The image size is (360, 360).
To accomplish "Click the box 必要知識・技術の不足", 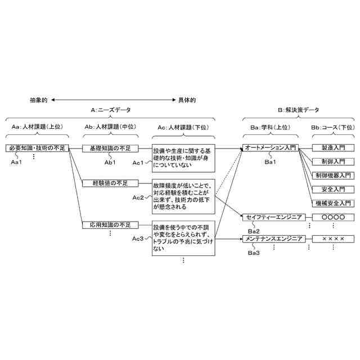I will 38,148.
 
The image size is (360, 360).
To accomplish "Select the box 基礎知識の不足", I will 110,148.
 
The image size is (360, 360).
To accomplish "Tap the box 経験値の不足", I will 110,183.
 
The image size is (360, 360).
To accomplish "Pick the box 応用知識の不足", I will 110,225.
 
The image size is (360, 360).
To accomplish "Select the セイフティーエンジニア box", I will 274,217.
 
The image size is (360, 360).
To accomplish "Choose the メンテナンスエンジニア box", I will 274,238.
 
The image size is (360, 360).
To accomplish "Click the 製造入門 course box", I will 333,148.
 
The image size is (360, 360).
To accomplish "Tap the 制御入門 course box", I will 333,162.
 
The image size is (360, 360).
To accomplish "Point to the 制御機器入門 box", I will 333,175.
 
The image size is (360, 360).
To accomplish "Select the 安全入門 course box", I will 333,190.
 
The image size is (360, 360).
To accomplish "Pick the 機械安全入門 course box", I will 333,203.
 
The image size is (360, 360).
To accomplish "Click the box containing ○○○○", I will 333,217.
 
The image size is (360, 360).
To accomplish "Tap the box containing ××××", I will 333,238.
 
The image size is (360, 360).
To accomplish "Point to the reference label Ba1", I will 270,163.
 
